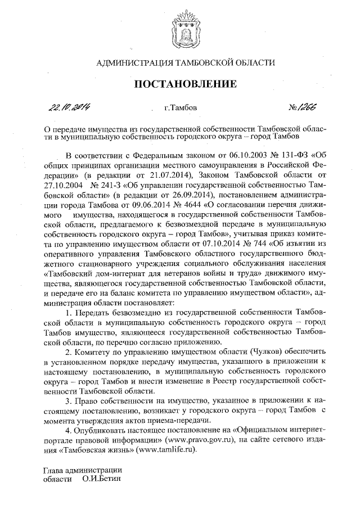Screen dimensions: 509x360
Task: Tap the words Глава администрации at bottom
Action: [83, 470]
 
